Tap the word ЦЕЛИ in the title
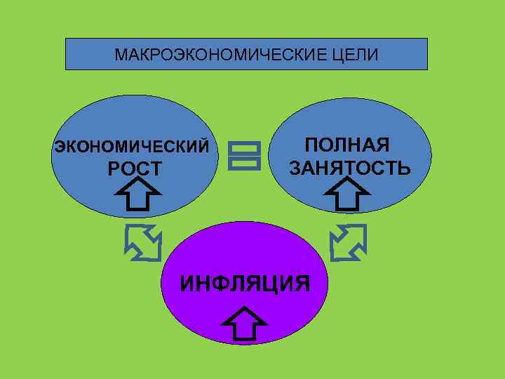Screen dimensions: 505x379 [357, 54]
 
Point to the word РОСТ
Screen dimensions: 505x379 [134, 169]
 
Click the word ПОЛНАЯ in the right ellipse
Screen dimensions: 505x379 [346, 146]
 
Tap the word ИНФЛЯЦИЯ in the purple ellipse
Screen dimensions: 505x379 [245, 284]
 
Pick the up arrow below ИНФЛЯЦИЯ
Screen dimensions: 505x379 [243, 325]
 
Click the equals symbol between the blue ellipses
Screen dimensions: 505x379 [244, 155]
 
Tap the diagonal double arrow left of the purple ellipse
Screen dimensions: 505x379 [142, 242]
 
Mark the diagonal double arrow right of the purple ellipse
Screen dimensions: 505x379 [349, 242]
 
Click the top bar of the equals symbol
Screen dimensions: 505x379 [244, 148]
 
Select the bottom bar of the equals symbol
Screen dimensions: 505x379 [244, 162]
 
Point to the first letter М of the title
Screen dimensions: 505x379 [119, 54]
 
